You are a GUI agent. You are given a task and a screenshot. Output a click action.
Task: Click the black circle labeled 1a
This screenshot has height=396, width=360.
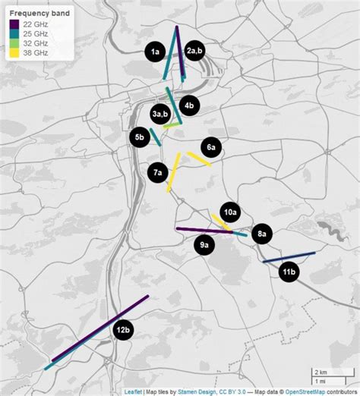[x=155, y=52]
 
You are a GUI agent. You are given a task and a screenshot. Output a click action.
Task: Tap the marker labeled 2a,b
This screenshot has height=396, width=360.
[x=195, y=51]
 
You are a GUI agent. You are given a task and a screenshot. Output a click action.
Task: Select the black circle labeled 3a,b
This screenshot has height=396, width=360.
[x=159, y=115]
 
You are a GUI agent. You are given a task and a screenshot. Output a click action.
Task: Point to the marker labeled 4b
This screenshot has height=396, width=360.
[x=189, y=105]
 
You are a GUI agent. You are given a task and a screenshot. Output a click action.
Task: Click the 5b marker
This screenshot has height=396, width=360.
[x=139, y=137]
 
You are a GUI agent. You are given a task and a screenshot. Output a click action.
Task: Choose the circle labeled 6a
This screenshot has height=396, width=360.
[x=211, y=147]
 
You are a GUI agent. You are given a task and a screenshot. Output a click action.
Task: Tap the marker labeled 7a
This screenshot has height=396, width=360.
[x=157, y=173]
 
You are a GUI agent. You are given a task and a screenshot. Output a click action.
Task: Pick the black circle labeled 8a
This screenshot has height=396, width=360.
[x=261, y=234]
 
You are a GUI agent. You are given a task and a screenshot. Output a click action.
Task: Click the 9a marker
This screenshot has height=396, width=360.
[x=204, y=245]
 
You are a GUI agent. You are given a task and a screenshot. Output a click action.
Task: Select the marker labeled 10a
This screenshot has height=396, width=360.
[x=230, y=212]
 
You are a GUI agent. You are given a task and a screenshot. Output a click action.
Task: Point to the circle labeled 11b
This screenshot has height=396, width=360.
[x=289, y=272]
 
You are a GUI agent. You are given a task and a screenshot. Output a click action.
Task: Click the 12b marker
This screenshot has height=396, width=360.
[x=124, y=331]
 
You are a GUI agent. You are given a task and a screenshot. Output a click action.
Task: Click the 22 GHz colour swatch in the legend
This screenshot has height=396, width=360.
[x=15, y=25]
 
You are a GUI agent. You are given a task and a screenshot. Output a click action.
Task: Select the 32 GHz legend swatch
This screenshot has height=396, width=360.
[x=15, y=44]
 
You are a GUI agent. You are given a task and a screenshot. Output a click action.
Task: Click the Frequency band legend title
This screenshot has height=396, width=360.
[x=39, y=13]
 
